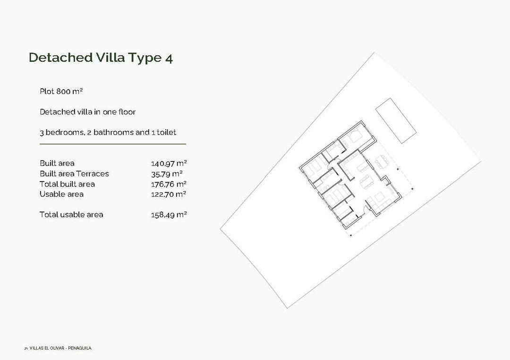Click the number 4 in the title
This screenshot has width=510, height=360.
coord(169,58)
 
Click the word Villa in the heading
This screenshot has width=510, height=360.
coord(110,58)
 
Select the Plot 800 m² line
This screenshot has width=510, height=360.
coord(61,91)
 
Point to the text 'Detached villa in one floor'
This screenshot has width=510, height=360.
coord(87,112)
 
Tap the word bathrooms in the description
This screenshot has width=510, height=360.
coord(113,133)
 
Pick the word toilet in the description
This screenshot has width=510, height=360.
coord(166,133)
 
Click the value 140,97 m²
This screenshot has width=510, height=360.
coord(169,164)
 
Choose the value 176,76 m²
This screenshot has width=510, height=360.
coord(169,184)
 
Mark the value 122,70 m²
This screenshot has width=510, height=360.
coord(169,194)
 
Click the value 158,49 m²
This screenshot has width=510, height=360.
coord(169,215)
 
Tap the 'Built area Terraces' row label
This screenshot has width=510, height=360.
coord(74,174)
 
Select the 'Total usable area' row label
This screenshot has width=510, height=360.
coord(71,215)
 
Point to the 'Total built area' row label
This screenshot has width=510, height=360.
coord(67,184)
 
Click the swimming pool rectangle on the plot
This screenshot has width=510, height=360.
coord(396,120)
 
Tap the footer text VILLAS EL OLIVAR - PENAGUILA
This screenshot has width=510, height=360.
coord(60,348)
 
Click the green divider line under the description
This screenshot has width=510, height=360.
coord(113,143)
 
